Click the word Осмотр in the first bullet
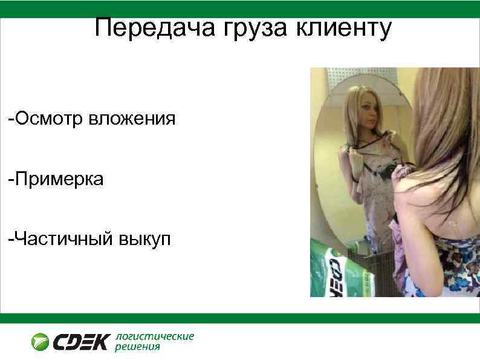click(x=50, y=118)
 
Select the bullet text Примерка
click(x=57, y=178)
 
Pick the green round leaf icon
click(x=41, y=342)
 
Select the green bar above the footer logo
click(x=240, y=318)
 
